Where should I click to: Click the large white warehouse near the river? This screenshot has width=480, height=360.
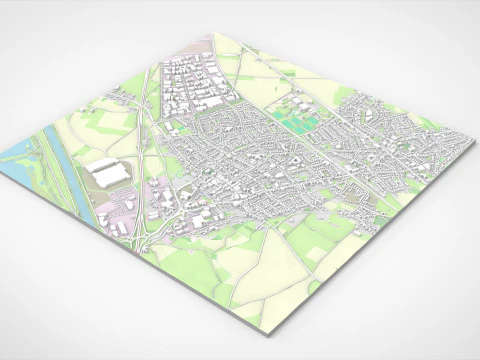(110, 174)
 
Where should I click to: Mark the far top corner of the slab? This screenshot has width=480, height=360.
(213, 34)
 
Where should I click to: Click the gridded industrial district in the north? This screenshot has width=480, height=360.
(195, 85)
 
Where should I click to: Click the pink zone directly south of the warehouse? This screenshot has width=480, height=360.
(155, 190)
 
